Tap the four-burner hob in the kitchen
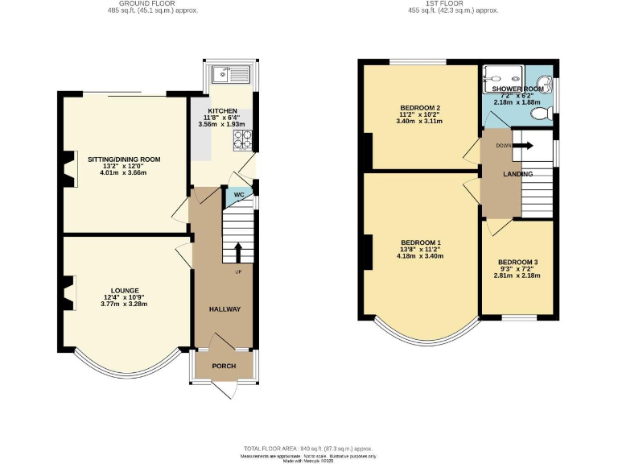pyautogui.click(x=242, y=141)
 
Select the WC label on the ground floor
pyautogui.click(x=239, y=195)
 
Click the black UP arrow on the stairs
pyautogui.click(x=238, y=253)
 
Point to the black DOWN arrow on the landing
pyautogui.click(x=521, y=146)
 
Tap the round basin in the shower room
pyautogui.click(x=546, y=81)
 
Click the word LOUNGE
pyautogui.click(x=126, y=290)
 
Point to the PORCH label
pyautogui.click(x=224, y=366)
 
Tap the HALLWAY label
pyautogui.click(x=225, y=309)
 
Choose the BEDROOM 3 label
pyautogui.click(x=518, y=263)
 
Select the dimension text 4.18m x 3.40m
pyautogui.click(x=422, y=256)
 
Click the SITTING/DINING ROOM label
pyautogui.click(x=124, y=159)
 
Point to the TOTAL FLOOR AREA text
pyautogui.click(x=309, y=448)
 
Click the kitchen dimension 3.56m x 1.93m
pyautogui.click(x=221, y=126)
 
